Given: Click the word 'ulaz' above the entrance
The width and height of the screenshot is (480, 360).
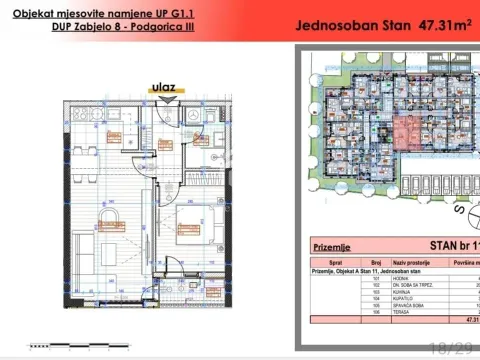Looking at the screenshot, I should click(163, 87).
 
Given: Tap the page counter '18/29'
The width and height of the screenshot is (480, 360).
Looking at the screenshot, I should click(450, 346).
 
